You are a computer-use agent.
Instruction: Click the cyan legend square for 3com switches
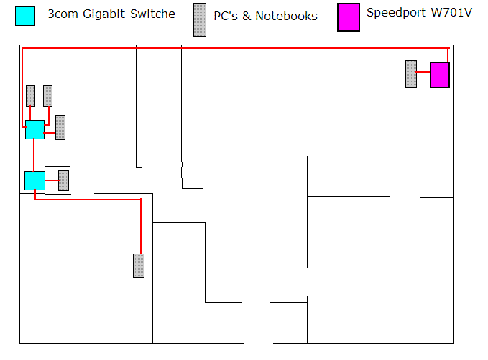click(x=25, y=16)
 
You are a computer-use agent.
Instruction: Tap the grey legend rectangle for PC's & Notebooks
click(x=199, y=19)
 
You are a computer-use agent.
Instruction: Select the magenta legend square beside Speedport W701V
click(x=349, y=17)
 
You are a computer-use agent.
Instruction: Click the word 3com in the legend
click(x=63, y=14)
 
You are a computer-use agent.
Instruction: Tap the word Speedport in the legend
click(x=396, y=12)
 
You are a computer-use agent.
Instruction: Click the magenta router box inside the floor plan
click(x=440, y=75)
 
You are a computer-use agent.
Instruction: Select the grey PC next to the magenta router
click(x=411, y=74)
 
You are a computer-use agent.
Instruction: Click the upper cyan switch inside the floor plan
click(x=34, y=129)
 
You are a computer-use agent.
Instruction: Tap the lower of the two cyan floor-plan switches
click(x=34, y=180)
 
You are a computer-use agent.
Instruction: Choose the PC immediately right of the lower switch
click(x=63, y=180)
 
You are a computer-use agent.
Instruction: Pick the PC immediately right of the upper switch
click(x=60, y=127)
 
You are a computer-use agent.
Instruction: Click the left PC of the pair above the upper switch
click(x=30, y=96)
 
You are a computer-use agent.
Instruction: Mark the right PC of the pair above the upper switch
click(x=47, y=96)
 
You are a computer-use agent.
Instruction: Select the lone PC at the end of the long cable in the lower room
click(x=139, y=265)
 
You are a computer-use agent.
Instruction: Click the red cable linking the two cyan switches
click(x=34, y=155)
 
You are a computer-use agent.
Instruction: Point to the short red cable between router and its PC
click(x=423, y=74)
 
